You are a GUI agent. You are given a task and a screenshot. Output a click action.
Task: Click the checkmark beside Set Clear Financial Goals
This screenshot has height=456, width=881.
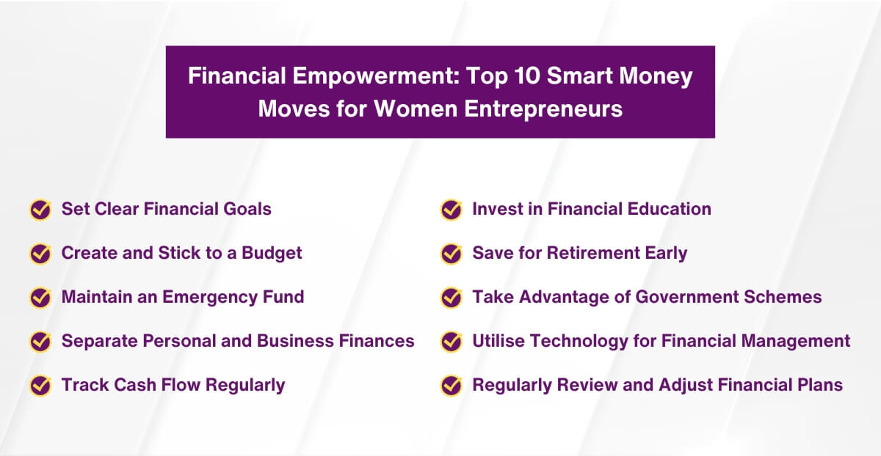(40, 210)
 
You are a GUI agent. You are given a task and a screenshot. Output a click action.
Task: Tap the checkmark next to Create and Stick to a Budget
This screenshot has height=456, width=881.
(40, 254)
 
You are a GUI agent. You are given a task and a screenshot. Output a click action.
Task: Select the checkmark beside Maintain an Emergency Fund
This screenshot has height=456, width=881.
(40, 298)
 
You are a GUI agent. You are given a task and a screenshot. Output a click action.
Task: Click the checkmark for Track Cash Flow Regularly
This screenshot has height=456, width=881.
(40, 385)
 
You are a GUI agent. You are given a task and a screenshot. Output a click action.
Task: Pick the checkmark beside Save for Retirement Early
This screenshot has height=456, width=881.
(451, 254)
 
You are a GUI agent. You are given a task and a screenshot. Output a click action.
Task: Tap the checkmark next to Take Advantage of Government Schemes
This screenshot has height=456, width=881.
(451, 298)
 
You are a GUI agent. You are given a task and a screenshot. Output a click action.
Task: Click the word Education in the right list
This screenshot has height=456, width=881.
(669, 210)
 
